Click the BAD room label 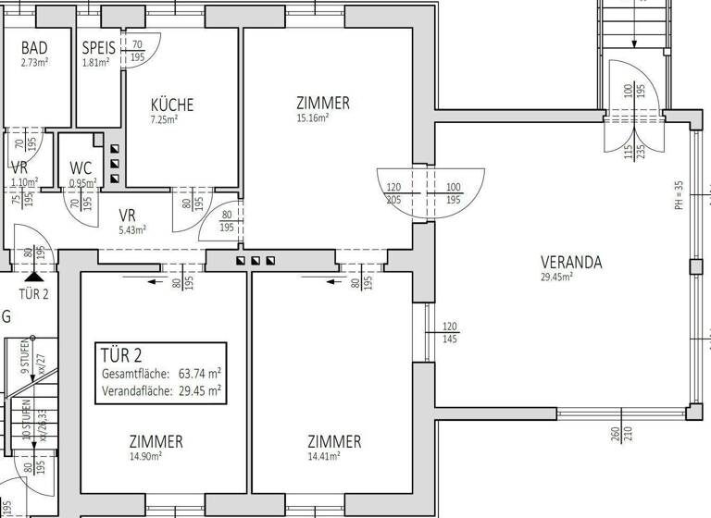click(x=34, y=48)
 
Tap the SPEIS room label click(x=97, y=48)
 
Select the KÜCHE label click(x=172, y=105)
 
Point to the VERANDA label click(x=571, y=262)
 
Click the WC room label click(x=81, y=169)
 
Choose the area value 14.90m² click(x=147, y=456)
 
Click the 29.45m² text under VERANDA click(x=557, y=276)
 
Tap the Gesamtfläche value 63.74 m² click(x=199, y=374)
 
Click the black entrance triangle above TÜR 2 click(x=34, y=274)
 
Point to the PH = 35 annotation click(x=679, y=194)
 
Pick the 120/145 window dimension click(x=451, y=333)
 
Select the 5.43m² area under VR click(x=133, y=229)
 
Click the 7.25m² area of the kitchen click(x=164, y=119)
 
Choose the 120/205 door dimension click(x=393, y=192)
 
